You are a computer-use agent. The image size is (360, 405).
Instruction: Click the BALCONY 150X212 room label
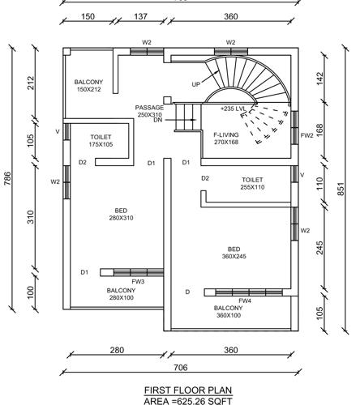pyautogui.click(x=88, y=86)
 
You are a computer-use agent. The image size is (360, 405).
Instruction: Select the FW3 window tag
pyautogui.click(x=139, y=282)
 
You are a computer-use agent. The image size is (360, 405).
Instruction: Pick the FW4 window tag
pyautogui.click(x=246, y=301)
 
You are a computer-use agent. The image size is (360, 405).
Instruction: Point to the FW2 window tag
pyautogui.click(x=306, y=136)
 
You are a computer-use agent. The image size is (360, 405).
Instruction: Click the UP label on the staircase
pyautogui.click(x=196, y=83)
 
